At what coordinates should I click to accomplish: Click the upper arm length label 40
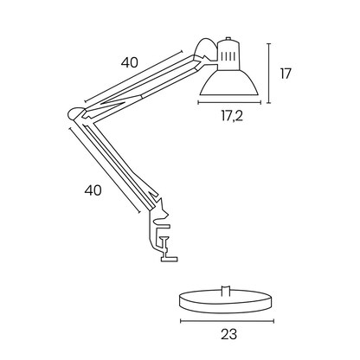click(x=130, y=62)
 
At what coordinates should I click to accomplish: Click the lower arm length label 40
click(x=93, y=190)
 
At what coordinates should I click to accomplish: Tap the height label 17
click(x=285, y=74)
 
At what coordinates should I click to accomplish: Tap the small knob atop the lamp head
click(x=228, y=40)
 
